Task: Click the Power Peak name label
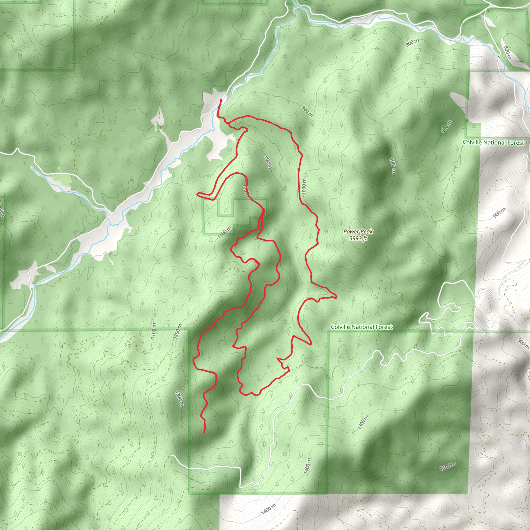tap(358, 232)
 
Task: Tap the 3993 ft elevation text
tap(358, 238)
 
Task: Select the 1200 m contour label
tap(178, 332)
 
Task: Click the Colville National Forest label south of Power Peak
tap(362, 327)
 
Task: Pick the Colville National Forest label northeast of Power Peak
tap(493, 143)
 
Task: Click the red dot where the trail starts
tap(221, 100)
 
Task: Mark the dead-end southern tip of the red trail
tap(204, 433)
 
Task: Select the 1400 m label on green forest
tap(307, 466)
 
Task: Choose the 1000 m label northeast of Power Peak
tap(393, 166)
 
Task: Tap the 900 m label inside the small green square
tap(446, 127)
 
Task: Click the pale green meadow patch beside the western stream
tap(61, 180)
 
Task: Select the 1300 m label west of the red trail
tap(179, 398)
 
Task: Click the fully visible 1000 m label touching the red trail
tap(304, 186)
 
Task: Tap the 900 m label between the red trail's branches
tap(268, 162)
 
